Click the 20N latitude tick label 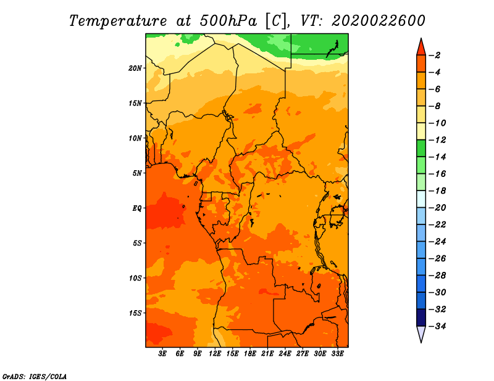point(135,68)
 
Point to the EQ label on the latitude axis point(136,208)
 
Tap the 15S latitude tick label point(135,313)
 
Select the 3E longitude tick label point(162,354)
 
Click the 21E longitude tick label point(267,354)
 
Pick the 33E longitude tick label point(337,354)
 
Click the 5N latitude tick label point(137,173)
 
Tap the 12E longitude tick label point(214,354)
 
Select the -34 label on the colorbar point(437,326)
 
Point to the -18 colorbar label point(437,190)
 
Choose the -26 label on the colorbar point(437,258)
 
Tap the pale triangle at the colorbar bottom point(421,334)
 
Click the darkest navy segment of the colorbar point(421,317)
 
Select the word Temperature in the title point(118,22)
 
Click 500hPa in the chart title point(228,21)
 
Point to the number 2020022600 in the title point(379,21)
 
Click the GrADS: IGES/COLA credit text point(35,376)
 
